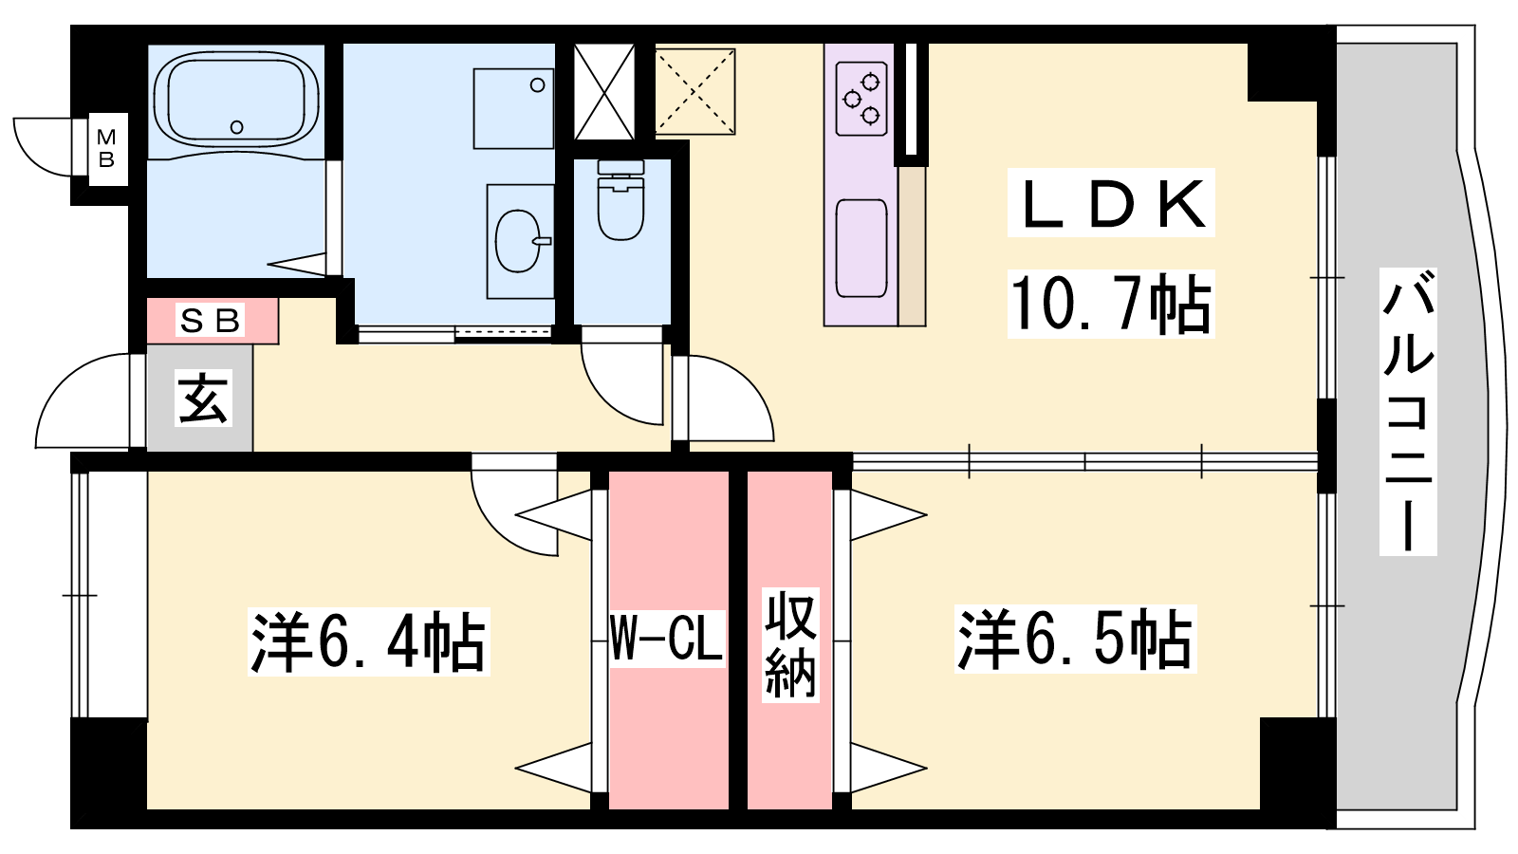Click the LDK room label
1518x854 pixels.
tap(1111, 203)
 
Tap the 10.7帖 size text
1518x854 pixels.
tap(1111, 304)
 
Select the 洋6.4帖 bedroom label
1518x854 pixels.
tap(369, 641)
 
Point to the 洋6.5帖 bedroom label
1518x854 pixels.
tap(1076, 639)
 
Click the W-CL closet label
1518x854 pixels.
tap(667, 639)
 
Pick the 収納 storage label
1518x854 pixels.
tap(790, 644)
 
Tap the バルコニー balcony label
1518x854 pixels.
tap(1408, 412)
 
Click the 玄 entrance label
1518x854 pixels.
tap(203, 398)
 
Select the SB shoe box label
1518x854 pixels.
tap(210, 320)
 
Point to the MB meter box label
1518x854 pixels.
tap(106, 148)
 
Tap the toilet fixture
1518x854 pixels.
tap(620, 200)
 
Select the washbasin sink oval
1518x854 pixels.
tap(520, 241)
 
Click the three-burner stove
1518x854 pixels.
tap(861, 99)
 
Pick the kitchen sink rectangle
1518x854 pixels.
tap(861, 248)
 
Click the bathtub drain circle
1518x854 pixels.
tap(236, 127)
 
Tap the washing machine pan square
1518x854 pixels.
tap(513, 108)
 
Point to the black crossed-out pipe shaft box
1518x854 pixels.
tap(604, 92)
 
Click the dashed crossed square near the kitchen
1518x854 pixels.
tap(695, 91)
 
